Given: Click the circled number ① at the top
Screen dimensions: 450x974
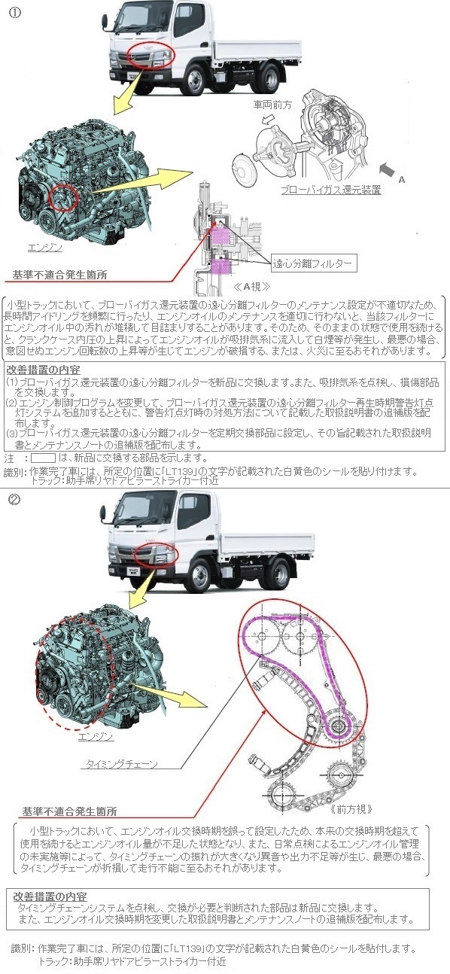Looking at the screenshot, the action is (x=15, y=12).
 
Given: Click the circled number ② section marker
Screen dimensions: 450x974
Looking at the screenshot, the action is (x=15, y=500).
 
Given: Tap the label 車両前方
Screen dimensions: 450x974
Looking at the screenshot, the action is (x=272, y=105).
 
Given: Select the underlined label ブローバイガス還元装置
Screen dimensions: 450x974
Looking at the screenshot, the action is (x=331, y=190).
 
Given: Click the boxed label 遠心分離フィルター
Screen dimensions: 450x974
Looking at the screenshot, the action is (x=312, y=263).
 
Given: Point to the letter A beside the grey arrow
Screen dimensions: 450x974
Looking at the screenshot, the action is (x=402, y=179).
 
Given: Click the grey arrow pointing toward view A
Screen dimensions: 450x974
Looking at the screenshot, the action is (x=387, y=169).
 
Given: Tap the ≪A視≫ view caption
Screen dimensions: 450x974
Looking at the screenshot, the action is (x=252, y=287).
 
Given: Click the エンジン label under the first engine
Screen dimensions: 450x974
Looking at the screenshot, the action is (x=45, y=248).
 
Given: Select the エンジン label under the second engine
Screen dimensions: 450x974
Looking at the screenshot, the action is (x=96, y=736).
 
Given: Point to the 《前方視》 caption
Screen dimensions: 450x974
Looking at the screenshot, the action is (x=351, y=809).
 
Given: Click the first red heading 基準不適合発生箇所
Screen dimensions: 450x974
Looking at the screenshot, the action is (x=59, y=275).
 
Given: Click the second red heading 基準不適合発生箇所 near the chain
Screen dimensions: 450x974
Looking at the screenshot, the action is (x=69, y=811).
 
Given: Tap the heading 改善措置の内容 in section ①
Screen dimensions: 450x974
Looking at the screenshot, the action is (x=43, y=370).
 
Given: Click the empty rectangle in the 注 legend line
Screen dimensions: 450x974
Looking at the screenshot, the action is (x=43, y=458).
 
